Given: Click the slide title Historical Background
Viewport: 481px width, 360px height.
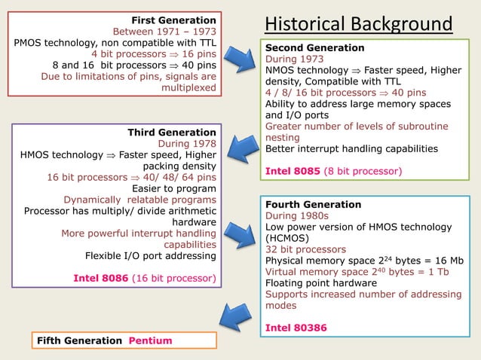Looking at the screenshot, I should tap(359, 24).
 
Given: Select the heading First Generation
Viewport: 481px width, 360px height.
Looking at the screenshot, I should tap(173, 20).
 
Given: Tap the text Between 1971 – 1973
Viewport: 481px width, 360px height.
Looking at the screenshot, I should tap(164, 31).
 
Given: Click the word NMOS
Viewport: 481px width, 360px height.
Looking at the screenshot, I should tap(280, 70).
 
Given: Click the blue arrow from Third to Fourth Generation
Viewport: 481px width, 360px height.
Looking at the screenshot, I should tap(242, 231).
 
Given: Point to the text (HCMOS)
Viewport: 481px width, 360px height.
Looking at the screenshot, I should tap(286, 237).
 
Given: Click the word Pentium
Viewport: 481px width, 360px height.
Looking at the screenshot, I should tap(150, 340).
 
